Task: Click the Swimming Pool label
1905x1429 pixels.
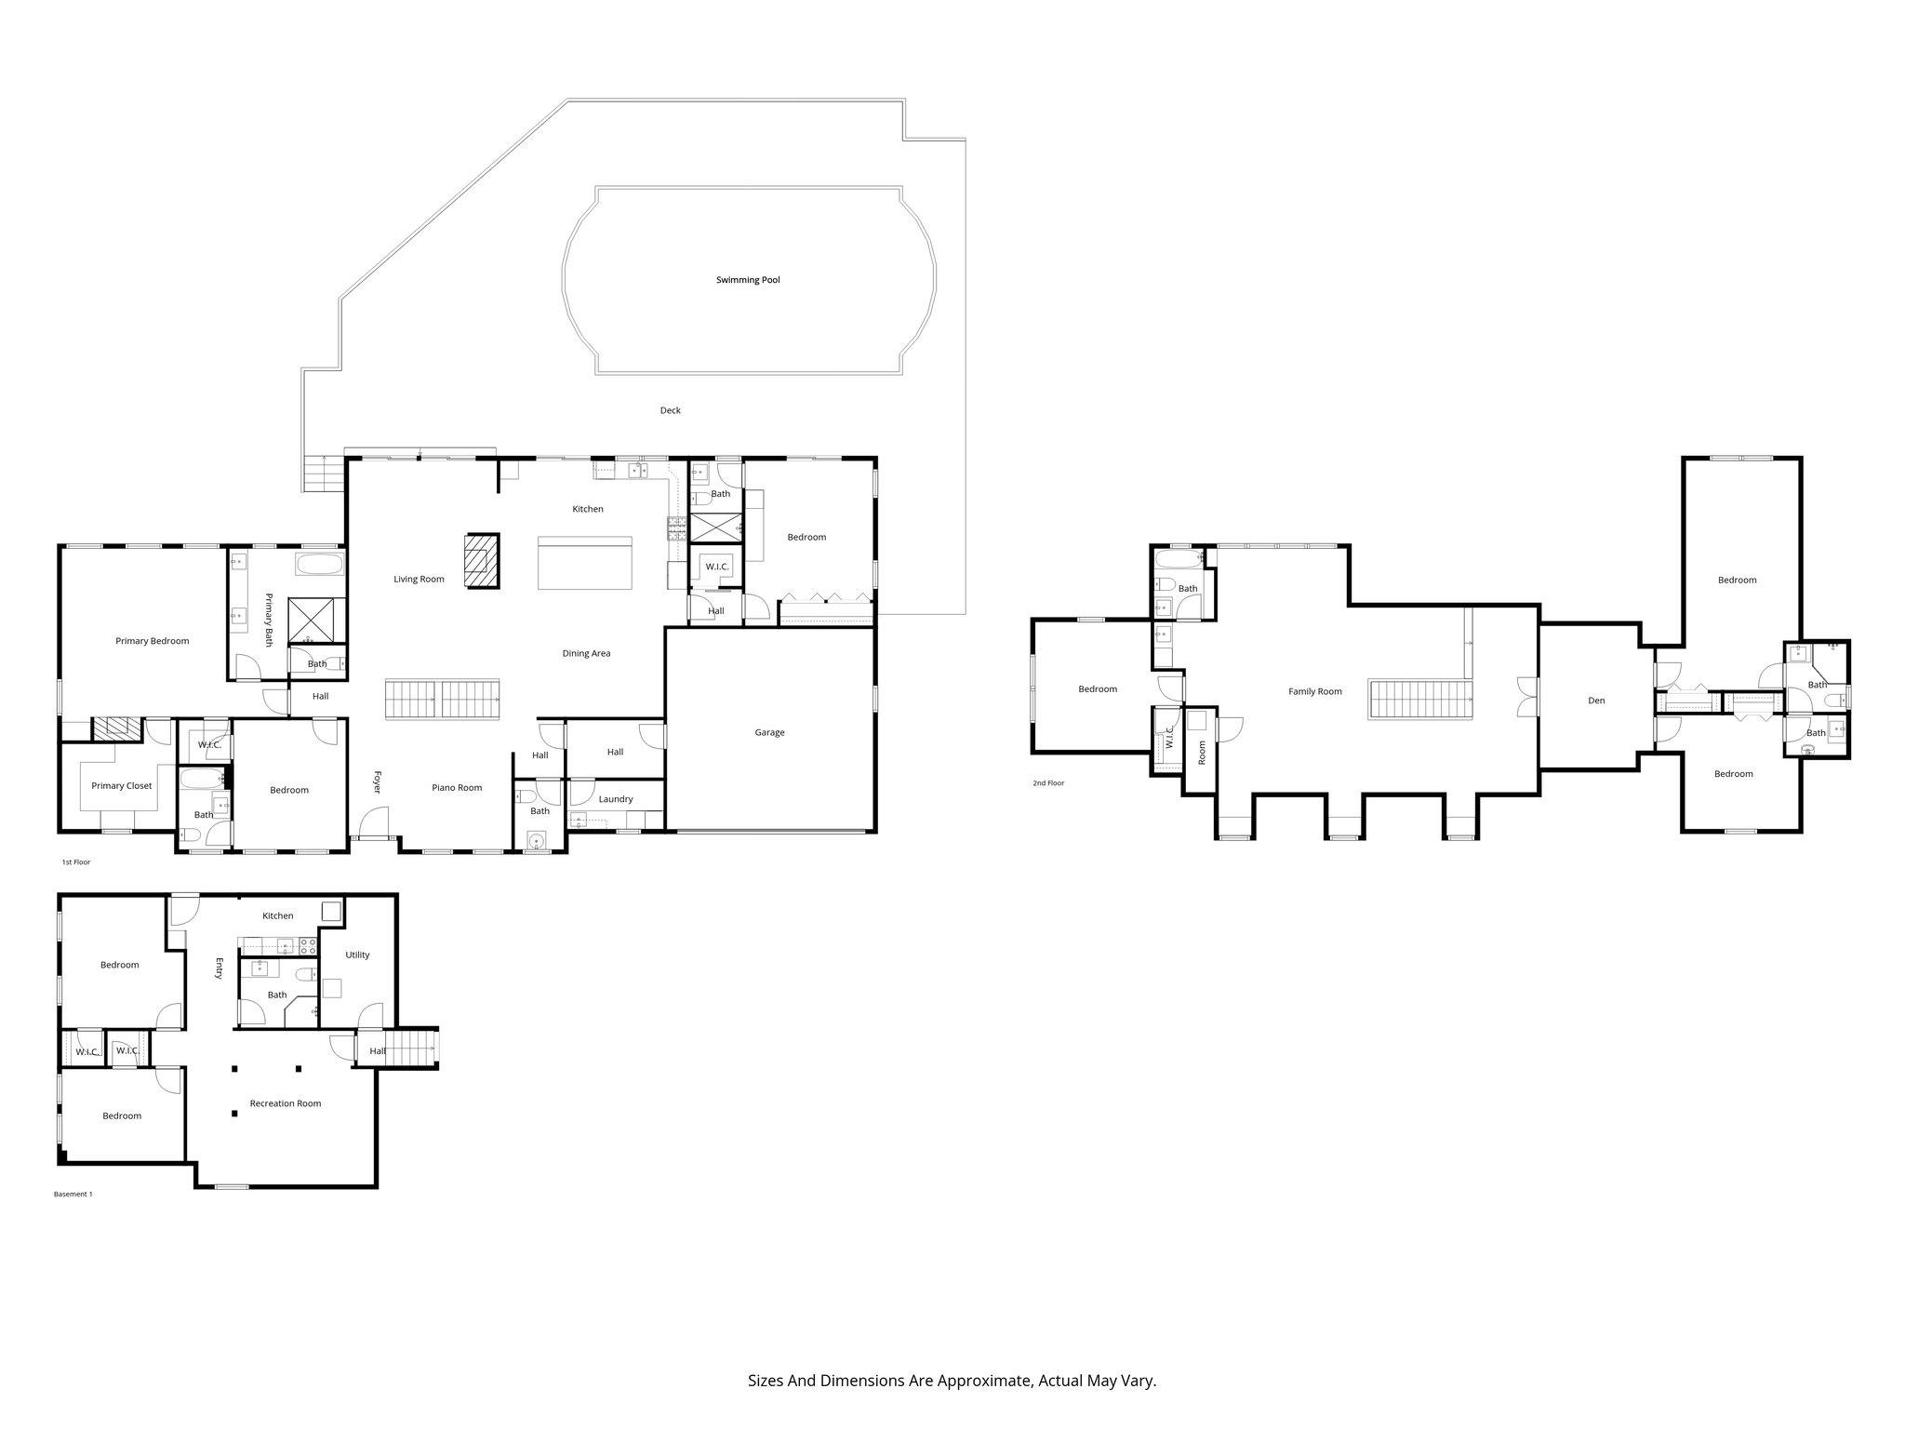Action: [x=748, y=280]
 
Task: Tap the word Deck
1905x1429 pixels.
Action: [x=670, y=410]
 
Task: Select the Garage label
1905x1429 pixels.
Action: [x=769, y=732]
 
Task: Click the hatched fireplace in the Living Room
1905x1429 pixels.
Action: [x=483, y=560]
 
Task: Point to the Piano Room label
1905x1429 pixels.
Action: [x=457, y=788]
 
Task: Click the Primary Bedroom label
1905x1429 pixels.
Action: [x=152, y=641]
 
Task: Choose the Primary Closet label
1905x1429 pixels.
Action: [x=121, y=786]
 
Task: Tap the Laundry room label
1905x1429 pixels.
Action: [x=616, y=799]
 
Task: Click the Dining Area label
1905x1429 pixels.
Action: [x=586, y=653]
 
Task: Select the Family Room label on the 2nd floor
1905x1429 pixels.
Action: [x=1314, y=691]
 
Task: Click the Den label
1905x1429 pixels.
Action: [x=1596, y=701]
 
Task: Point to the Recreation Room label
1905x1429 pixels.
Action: [x=285, y=1103]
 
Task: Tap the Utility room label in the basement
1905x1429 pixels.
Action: [x=357, y=955]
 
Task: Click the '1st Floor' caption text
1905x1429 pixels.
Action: [x=76, y=862]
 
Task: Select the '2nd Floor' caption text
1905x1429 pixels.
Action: [x=1048, y=783]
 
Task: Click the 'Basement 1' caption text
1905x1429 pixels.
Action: [x=73, y=1194]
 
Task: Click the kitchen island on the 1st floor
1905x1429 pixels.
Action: [x=585, y=562]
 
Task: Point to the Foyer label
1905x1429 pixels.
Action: [x=378, y=781]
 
